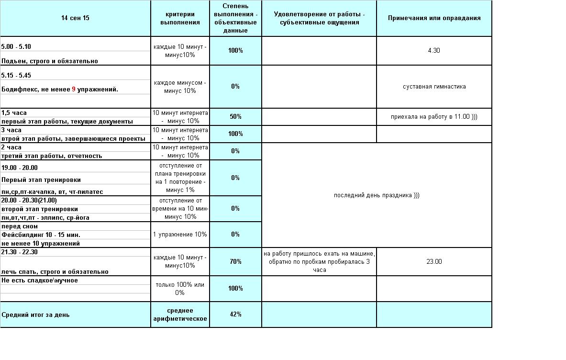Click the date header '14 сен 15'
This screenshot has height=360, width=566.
[x=75, y=18]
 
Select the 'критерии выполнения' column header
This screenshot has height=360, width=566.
[x=180, y=18]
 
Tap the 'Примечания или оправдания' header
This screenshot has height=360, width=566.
[x=434, y=18]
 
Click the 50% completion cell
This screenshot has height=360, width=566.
[x=235, y=117]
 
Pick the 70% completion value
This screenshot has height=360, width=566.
[x=235, y=262]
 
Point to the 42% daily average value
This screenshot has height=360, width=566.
[x=235, y=315]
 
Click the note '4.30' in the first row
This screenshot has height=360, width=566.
[x=434, y=51]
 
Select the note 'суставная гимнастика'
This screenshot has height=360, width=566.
[x=434, y=87]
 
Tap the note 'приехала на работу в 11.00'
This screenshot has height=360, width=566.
[x=434, y=117]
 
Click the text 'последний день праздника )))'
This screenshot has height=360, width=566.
[x=377, y=195]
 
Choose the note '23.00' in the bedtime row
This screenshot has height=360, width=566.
[x=434, y=262]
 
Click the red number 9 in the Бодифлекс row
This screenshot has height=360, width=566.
[x=74, y=90]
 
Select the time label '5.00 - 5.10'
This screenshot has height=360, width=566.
[x=16, y=47]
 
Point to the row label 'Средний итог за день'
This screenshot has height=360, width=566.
[x=35, y=315]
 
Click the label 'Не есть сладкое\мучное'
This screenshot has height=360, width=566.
[x=40, y=281]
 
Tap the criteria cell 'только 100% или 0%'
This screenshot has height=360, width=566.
[x=180, y=288]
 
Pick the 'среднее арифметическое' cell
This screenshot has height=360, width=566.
[x=180, y=315]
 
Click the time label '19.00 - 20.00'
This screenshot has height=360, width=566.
[x=19, y=168]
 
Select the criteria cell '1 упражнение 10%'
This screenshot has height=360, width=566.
[x=180, y=235]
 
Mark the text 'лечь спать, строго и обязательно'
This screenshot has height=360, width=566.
[x=55, y=272]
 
